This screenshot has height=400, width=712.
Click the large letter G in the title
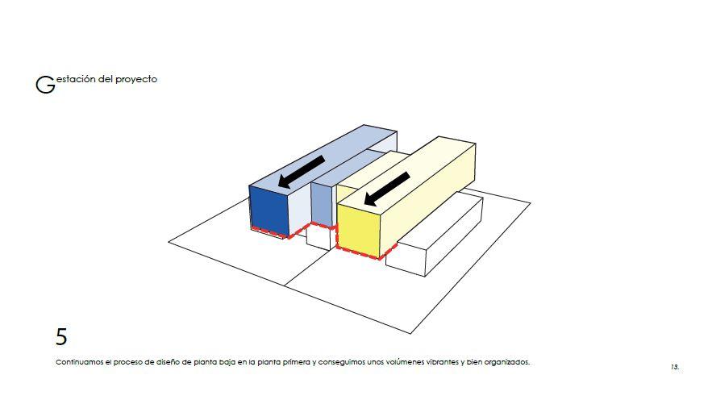click(45, 85)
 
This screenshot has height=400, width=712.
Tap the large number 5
click(61, 336)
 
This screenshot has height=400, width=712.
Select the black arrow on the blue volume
click(301, 172)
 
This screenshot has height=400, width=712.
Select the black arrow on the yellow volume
click(387, 189)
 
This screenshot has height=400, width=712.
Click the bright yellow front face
click(359, 231)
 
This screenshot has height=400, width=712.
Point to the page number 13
click(675, 367)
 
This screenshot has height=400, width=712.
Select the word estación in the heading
click(76, 79)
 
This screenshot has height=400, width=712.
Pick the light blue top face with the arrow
click(323, 159)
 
